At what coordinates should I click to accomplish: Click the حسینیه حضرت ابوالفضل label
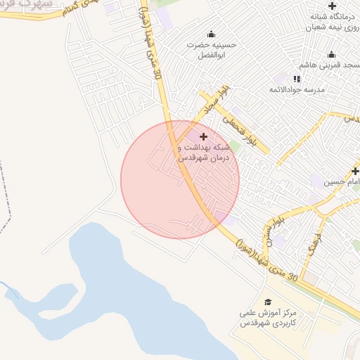212,49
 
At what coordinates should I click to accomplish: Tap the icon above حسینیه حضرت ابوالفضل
211,34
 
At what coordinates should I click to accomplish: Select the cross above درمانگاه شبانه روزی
332,6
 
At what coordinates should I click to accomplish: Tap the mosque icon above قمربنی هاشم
331,55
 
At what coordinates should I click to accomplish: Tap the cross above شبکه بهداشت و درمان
204,136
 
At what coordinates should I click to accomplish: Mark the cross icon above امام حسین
355,171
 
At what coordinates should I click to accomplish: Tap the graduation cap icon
268,301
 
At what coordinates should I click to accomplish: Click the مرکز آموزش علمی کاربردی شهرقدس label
268,319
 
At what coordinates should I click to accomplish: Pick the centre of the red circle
180,180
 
